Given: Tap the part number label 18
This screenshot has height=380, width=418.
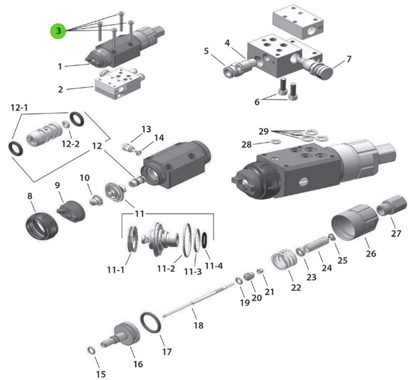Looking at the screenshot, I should [x=199, y=325].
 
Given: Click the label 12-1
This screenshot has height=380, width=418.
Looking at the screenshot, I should [x=18, y=106].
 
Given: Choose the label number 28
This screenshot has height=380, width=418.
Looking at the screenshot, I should [x=246, y=143].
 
